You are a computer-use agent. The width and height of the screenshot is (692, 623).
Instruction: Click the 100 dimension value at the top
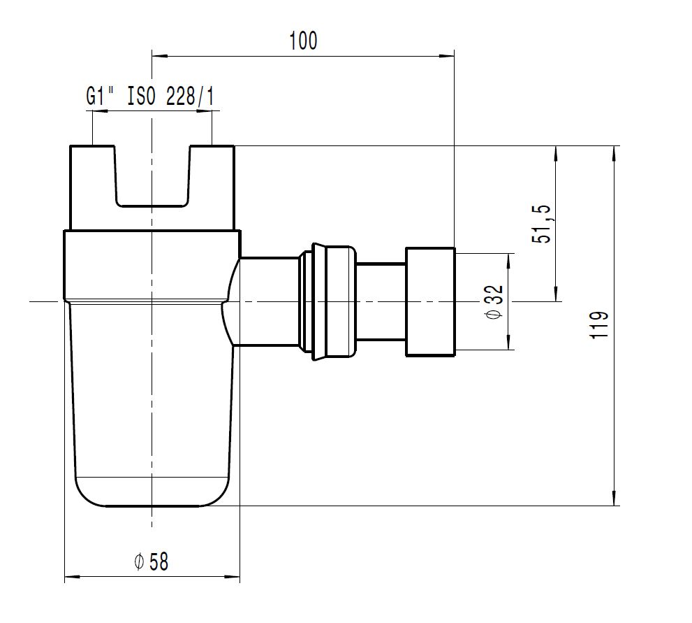point(303,41)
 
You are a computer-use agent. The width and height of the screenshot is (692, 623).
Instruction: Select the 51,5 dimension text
point(541,224)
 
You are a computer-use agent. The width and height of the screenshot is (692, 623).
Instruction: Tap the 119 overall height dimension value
point(599,325)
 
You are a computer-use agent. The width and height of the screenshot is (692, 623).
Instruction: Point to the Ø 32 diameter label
point(494,303)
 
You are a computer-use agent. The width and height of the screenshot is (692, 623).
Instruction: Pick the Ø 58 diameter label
point(151,561)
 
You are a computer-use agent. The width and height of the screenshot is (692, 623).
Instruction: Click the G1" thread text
point(100,96)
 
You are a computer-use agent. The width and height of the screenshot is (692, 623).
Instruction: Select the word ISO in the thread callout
point(142,96)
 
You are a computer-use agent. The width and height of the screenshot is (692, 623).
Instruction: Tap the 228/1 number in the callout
point(190,96)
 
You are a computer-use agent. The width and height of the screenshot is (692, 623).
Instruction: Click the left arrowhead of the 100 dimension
point(160,56)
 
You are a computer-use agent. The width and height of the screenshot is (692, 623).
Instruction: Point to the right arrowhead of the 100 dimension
point(447,56)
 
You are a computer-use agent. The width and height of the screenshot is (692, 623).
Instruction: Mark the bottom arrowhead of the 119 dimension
point(614,498)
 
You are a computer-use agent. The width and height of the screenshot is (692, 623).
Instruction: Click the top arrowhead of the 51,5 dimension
point(556,153)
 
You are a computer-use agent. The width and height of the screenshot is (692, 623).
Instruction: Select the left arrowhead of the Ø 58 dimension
point(73,577)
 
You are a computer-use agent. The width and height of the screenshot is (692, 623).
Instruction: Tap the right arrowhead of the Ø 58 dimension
point(232,577)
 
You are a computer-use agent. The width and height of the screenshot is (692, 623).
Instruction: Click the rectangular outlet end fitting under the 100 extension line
point(430,302)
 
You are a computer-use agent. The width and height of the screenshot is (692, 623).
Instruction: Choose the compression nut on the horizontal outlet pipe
point(327,302)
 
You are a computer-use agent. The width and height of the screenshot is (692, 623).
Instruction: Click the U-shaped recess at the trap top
point(152,176)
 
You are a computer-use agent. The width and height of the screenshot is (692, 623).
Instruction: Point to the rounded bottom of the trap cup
point(152,492)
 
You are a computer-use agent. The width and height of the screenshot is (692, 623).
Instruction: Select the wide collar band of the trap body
point(152,265)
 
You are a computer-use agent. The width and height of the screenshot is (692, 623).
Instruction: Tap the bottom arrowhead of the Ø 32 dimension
point(509,342)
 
